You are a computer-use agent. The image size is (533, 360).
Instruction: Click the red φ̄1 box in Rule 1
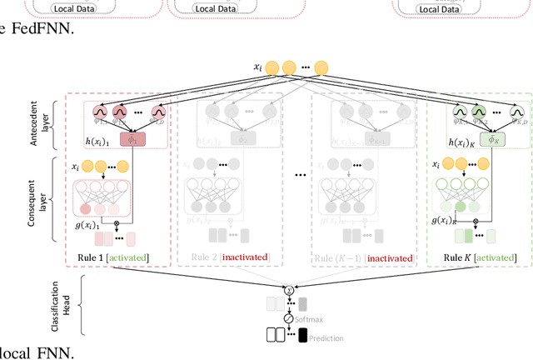tap(132, 138)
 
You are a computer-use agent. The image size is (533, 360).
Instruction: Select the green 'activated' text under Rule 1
tap(127, 258)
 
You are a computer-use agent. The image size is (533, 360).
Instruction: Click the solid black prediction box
tap(301, 337)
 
